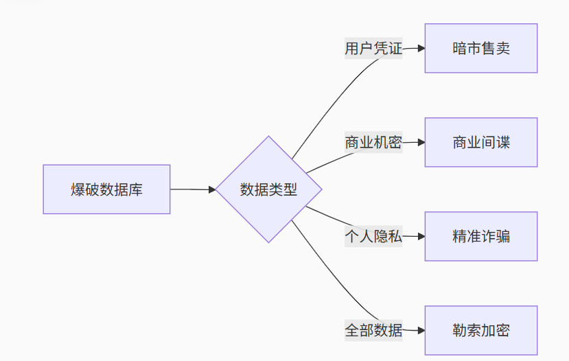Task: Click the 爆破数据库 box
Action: pos(106,189)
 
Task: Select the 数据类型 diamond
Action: pos(268,189)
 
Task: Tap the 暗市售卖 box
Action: pos(480,48)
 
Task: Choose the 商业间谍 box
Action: pos(480,142)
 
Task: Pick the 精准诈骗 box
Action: pos(480,236)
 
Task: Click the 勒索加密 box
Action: pos(480,330)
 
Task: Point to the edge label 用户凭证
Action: pos(373,49)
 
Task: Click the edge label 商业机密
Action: pos(373,143)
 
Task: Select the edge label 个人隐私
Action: pos(373,237)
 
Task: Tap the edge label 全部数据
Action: pos(373,330)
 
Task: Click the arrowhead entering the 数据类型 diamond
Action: pos(212,189)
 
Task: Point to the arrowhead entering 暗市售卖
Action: pos(421,49)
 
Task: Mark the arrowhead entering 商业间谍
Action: pos(421,143)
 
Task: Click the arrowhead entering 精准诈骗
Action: pos(421,237)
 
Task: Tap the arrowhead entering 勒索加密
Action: pos(421,331)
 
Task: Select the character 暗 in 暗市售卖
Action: pos(459,49)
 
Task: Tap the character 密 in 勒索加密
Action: pos(502,331)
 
